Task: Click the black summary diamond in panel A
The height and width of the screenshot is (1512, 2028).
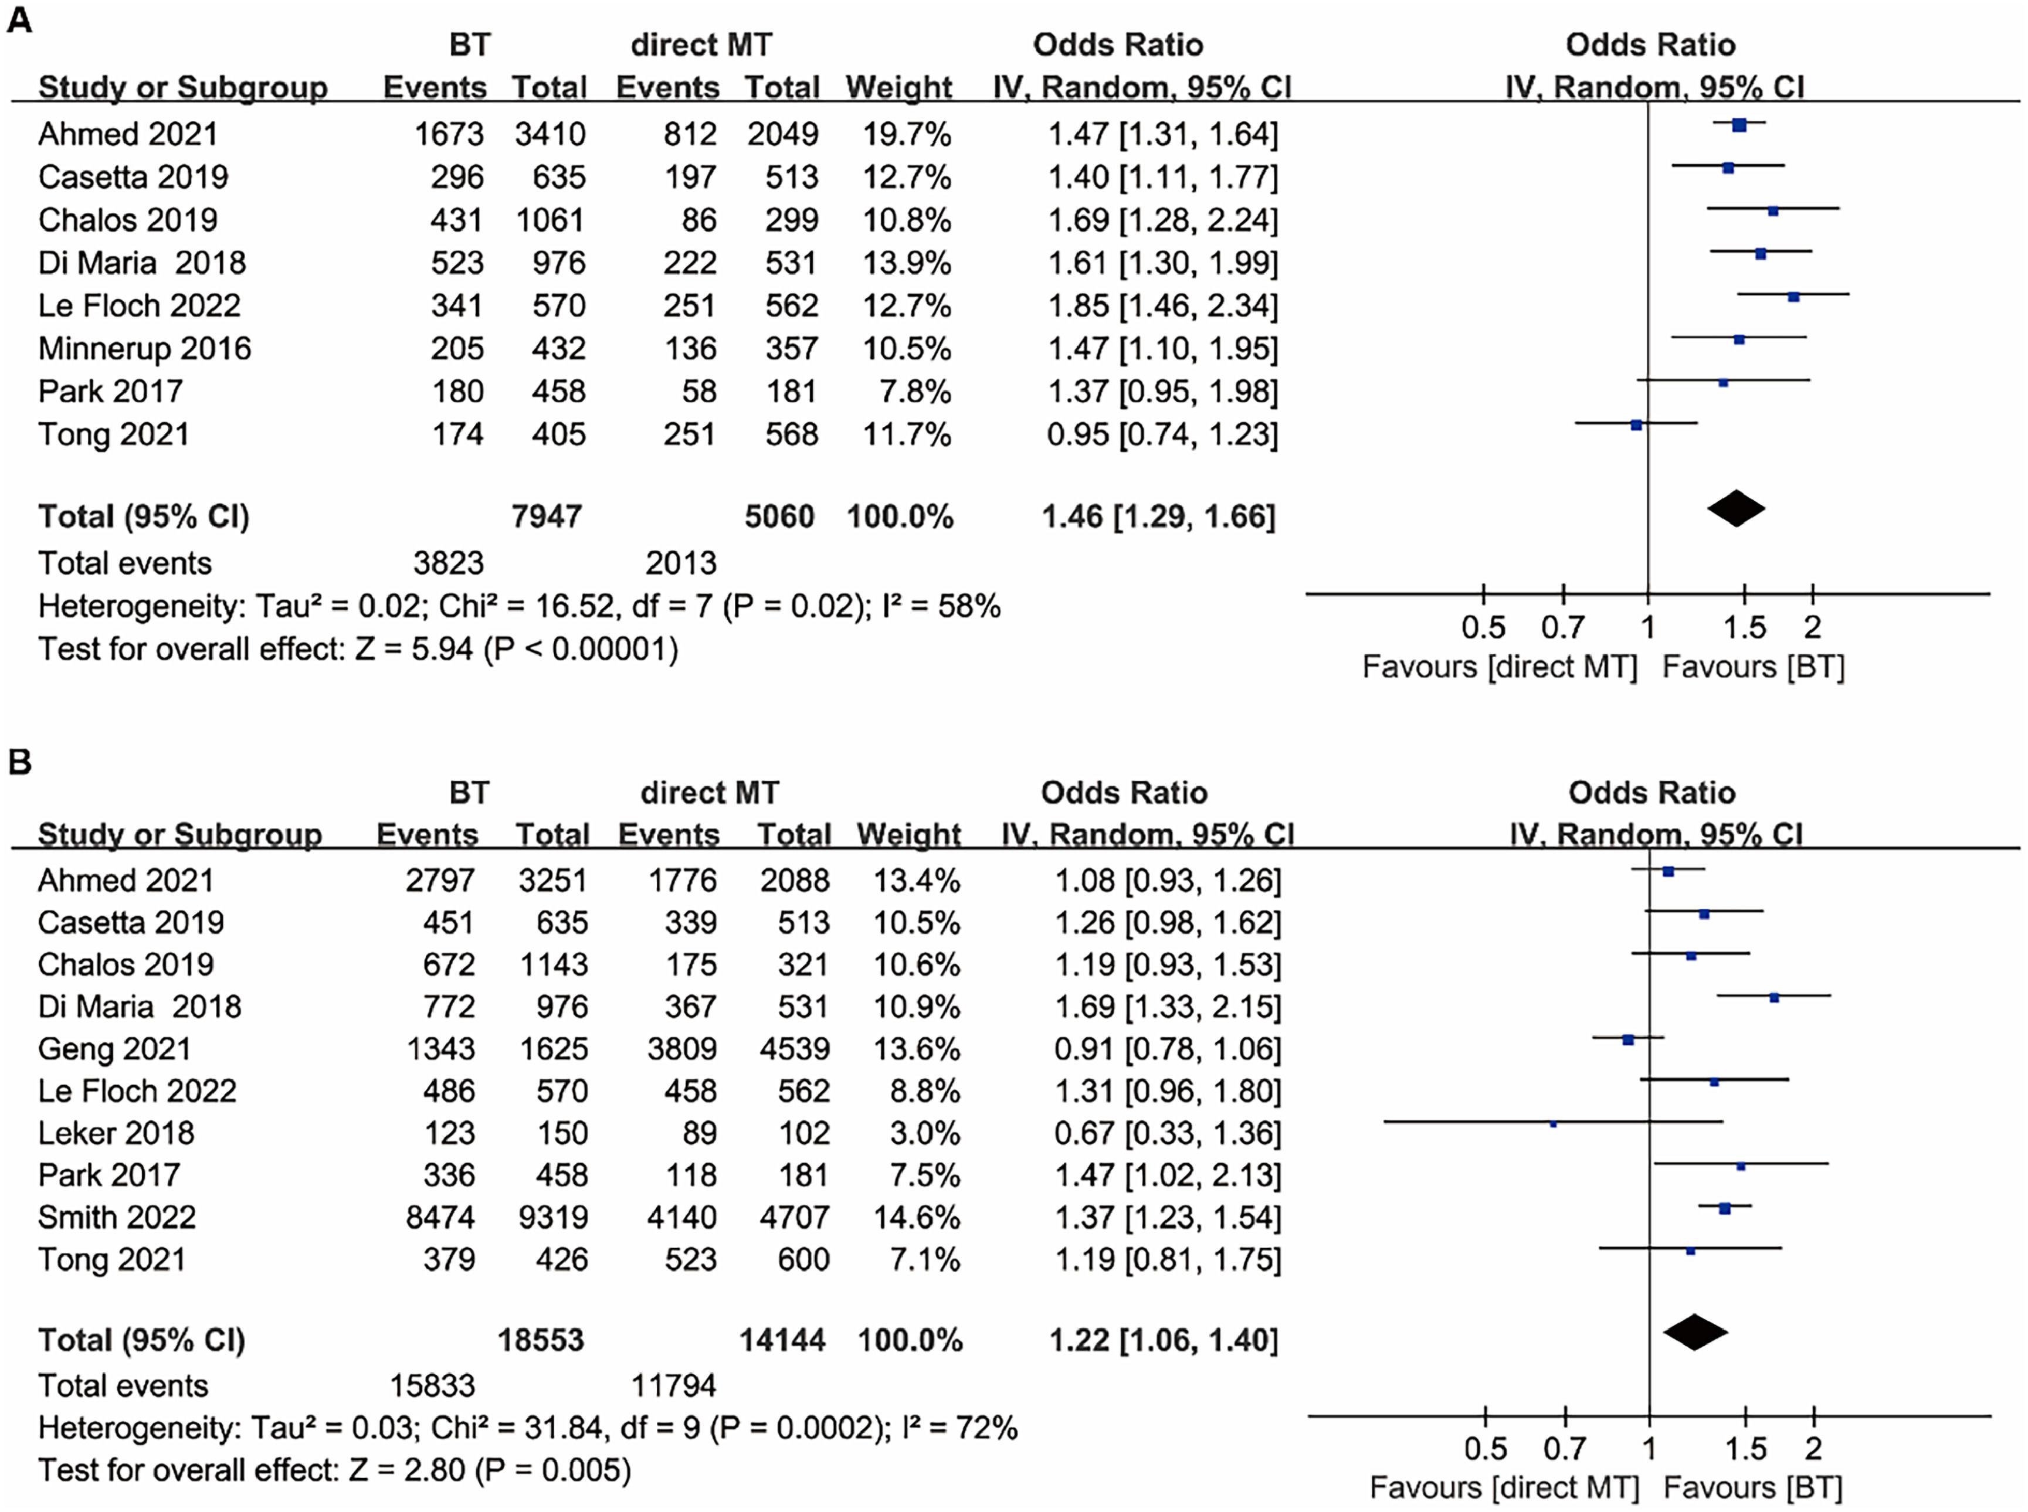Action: point(1736,510)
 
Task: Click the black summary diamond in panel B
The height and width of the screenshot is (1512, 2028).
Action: point(1695,1333)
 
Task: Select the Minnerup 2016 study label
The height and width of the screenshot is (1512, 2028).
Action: point(145,349)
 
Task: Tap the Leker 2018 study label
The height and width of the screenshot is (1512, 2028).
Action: point(116,1133)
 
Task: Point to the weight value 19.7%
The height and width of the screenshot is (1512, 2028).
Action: point(907,134)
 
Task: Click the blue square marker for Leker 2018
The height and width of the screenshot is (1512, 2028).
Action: point(1553,1124)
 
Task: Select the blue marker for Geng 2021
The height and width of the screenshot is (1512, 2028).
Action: point(1628,1039)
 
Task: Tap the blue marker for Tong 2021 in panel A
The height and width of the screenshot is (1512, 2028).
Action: point(1636,424)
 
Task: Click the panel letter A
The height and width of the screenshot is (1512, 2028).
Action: point(19,20)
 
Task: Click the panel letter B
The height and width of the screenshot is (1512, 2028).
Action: point(19,762)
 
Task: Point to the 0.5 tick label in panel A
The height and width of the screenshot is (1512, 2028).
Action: point(1483,628)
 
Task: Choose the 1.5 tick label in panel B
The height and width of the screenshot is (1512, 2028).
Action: point(1746,1449)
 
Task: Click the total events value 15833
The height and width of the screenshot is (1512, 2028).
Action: point(432,1386)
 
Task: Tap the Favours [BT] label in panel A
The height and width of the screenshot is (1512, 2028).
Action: point(1752,667)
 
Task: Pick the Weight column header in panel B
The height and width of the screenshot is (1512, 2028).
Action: point(908,835)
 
